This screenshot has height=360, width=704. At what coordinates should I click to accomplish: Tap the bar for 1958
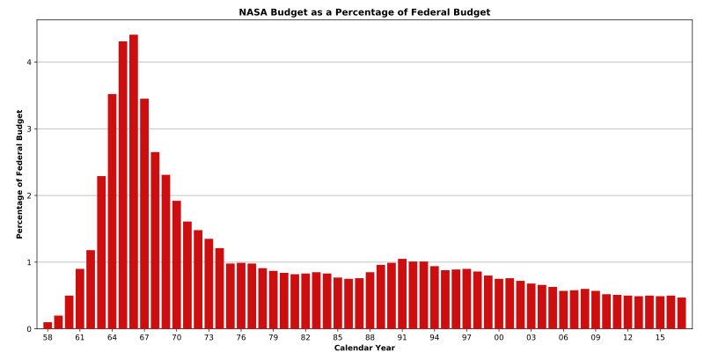point(48,326)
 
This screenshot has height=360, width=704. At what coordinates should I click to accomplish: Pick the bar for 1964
point(112,211)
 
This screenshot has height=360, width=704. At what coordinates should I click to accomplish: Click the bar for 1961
point(80,299)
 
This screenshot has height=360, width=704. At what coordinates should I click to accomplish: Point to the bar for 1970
point(177,265)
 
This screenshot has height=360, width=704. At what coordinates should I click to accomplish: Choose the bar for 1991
point(402,294)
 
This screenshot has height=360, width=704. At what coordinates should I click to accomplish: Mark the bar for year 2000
point(499,304)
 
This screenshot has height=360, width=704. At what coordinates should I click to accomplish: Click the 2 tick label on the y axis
point(29,195)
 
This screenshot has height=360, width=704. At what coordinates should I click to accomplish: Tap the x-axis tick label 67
point(144,338)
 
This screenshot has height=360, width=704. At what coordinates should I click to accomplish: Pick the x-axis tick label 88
point(370,338)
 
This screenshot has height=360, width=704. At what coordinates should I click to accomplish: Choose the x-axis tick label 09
point(596,338)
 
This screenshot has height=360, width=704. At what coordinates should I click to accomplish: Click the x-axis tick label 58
point(48,338)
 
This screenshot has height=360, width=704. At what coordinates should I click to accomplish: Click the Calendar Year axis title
point(364,349)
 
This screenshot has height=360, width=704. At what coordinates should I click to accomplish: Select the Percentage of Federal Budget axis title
point(19,174)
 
